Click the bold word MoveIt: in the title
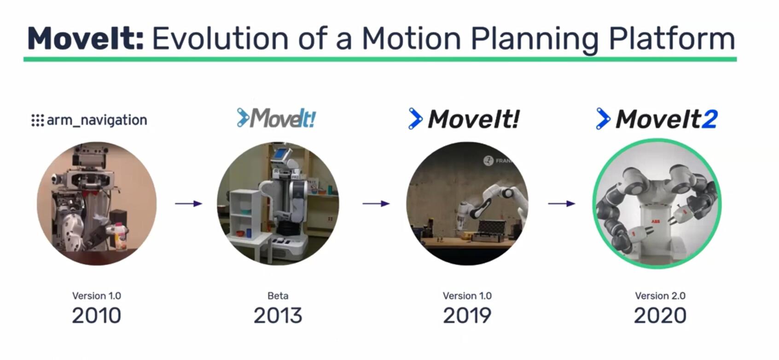point(86,39)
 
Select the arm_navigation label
point(97,120)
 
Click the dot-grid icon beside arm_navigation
point(37,120)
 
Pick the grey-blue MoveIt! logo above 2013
point(276,118)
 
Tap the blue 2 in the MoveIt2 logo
point(709,119)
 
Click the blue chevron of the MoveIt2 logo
point(602,119)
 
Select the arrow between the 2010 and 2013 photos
point(188,203)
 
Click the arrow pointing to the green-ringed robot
point(561,203)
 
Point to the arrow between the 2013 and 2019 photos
point(376,203)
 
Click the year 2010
point(96,316)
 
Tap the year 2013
point(278,316)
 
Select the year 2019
point(467,316)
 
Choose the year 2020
point(660,316)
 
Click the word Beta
point(278,296)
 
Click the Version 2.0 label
point(660,296)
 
